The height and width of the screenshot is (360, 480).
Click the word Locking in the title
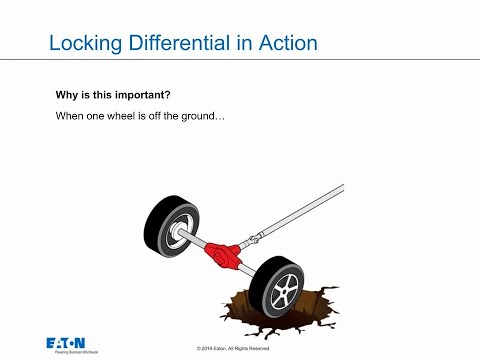tap(85, 44)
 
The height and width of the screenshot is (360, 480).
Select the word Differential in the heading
tap(176, 44)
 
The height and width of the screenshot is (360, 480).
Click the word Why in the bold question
tap(67, 97)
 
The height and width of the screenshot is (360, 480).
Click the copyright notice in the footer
tap(240, 346)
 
